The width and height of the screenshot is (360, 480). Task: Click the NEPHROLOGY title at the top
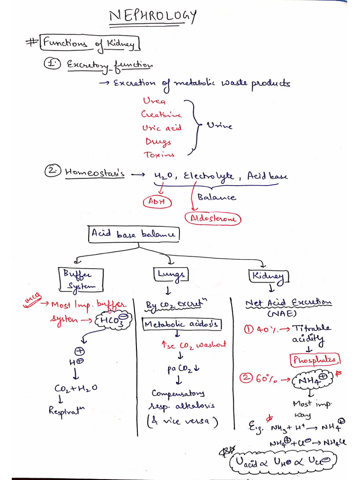tap(152, 17)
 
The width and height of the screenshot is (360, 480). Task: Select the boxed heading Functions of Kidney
tap(89, 44)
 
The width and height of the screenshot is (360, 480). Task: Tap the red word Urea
tap(154, 101)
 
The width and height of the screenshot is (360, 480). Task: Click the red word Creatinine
tap(161, 114)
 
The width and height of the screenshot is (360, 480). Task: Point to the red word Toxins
tap(159, 154)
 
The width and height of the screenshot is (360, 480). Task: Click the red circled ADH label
tap(157, 202)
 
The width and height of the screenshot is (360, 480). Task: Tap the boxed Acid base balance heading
tap(134, 234)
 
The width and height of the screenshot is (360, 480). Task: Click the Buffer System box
tap(81, 280)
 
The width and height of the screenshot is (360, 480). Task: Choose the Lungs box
tap(170, 274)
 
